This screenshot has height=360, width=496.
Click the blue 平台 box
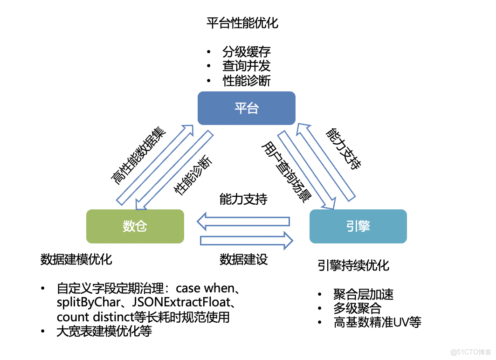pyautogui.click(x=246, y=108)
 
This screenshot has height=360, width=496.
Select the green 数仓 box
pyautogui.click(x=135, y=226)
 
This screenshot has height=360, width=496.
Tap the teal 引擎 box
pyautogui.click(x=358, y=226)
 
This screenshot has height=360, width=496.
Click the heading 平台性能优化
pyautogui.click(x=242, y=23)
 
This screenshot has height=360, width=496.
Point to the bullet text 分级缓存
pyautogui.click(x=246, y=51)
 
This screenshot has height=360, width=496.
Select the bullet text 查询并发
pyautogui.click(x=246, y=66)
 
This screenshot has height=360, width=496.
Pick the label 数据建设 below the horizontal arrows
pyautogui.click(x=244, y=260)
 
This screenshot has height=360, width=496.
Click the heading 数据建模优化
pyautogui.click(x=76, y=259)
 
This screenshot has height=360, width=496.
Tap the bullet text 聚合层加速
pyautogui.click(x=364, y=294)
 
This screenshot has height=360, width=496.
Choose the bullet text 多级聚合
pyautogui.click(x=357, y=308)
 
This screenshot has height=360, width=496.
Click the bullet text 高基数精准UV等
pyautogui.click(x=378, y=322)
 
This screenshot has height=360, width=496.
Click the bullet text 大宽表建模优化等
pyautogui.click(x=104, y=332)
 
